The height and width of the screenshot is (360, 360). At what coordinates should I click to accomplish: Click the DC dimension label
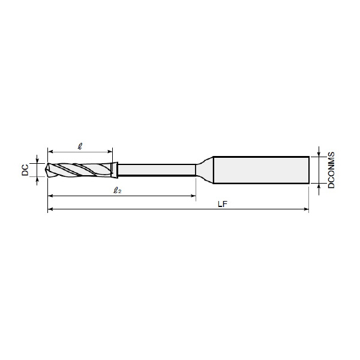[x=25, y=170]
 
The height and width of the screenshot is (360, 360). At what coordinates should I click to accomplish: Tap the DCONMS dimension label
[x=331, y=170]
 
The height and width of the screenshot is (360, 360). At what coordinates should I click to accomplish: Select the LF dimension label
[x=223, y=204]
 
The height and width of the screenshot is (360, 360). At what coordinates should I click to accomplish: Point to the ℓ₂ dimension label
[x=118, y=190]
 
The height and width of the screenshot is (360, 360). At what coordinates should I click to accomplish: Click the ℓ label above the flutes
[x=80, y=146]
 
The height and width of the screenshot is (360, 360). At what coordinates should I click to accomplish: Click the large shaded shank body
[x=261, y=170]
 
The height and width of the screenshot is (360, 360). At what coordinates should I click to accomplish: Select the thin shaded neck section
[x=157, y=170]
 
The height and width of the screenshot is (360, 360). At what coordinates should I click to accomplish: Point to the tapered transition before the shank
[x=205, y=170]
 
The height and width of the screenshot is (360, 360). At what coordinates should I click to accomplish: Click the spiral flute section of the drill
[x=80, y=170]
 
